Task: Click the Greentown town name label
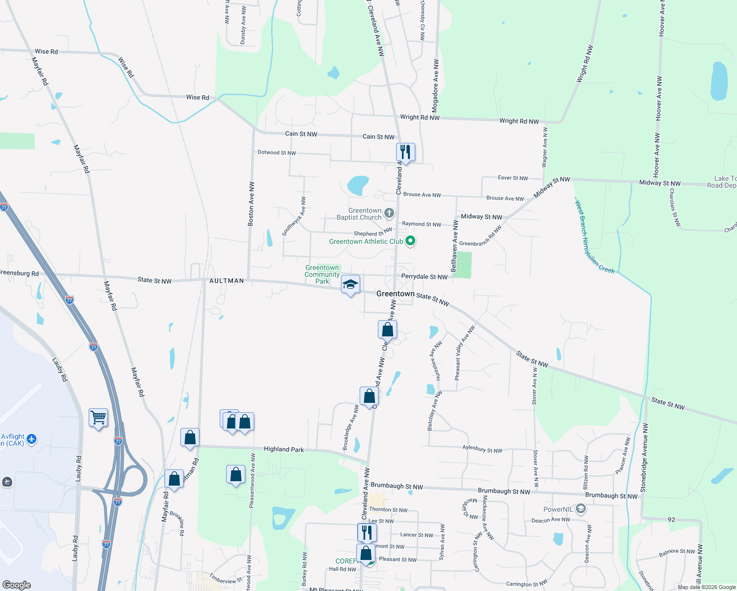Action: pos(395,294)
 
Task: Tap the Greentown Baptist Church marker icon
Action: pos(389,213)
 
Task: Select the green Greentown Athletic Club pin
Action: pos(410,241)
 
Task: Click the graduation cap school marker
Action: pos(350,285)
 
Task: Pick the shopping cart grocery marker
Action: pos(98,418)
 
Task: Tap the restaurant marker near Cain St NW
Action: pos(405,152)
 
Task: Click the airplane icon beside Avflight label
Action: pos(32,438)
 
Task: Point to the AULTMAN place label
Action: pos(227,281)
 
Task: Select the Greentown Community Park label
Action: pos(322,275)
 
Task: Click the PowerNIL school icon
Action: pos(581,509)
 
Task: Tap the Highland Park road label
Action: pos(284,449)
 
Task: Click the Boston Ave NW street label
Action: pos(251,204)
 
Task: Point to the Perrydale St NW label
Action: pos(424,277)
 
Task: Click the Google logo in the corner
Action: pos(17,585)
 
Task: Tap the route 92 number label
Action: pos(671,520)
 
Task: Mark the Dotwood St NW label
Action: pos(277,153)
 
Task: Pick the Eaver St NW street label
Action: pos(512,178)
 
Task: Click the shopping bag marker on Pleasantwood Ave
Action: pos(236,475)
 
